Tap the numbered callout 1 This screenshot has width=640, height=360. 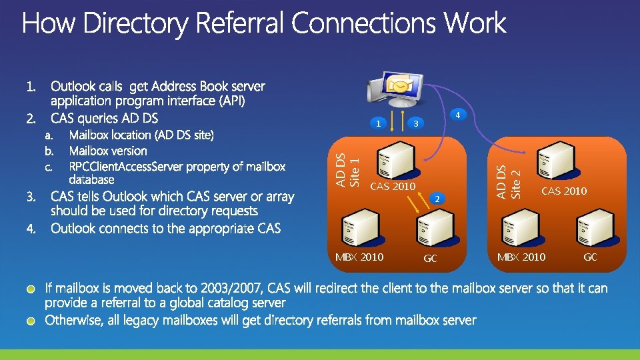378,123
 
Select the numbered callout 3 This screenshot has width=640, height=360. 415,123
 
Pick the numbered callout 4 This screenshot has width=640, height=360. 457,115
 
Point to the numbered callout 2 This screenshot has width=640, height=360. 436,199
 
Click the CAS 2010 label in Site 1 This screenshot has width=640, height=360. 393,186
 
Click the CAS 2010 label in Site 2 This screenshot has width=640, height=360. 564,191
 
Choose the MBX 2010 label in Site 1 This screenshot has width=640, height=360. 359,257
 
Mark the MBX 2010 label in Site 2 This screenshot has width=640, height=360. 521,257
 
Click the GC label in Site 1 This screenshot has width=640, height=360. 431,259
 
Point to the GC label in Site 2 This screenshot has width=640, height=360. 590,257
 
